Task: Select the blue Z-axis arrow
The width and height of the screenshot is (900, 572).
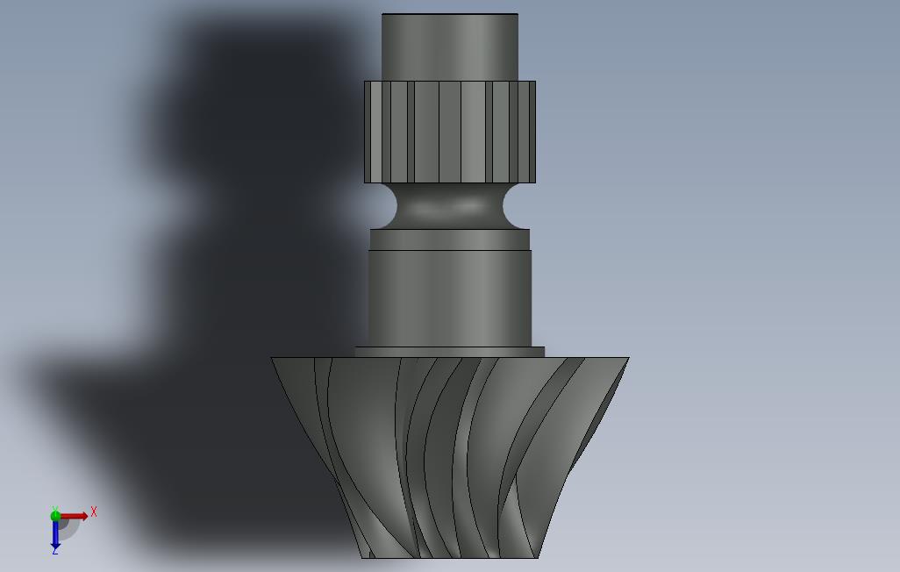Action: (x=55, y=533)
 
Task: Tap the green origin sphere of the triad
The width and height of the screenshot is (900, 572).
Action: (x=55, y=516)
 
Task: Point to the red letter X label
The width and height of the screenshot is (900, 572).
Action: (x=94, y=511)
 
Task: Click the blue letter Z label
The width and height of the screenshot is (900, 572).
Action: (x=55, y=551)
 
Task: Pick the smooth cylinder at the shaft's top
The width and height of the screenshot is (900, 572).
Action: (x=450, y=47)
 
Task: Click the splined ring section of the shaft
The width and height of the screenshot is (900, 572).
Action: (x=450, y=132)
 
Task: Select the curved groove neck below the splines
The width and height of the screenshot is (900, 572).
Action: (x=450, y=206)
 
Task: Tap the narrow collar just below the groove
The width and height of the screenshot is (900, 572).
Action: (x=450, y=240)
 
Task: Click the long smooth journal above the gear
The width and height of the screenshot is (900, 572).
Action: (x=450, y=298)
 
